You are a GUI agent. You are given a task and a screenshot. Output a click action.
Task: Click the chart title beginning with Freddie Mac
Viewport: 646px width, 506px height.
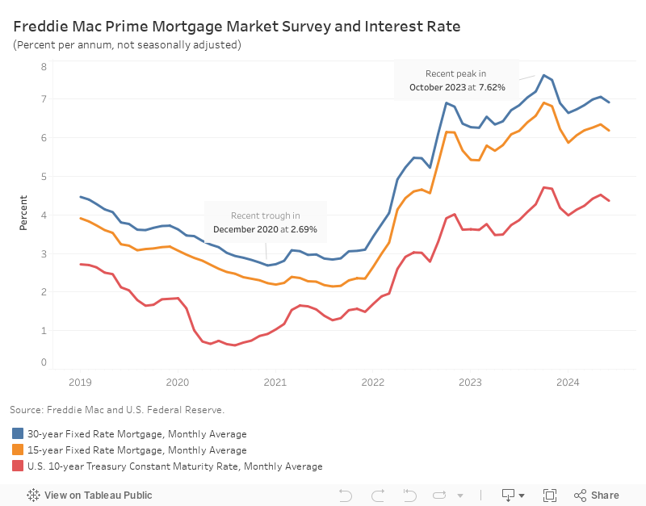pos(237,27)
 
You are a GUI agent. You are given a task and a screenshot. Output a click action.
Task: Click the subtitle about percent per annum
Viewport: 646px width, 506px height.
pos(127,45)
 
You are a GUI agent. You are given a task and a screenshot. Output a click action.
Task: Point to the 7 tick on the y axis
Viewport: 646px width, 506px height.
pos(44,99)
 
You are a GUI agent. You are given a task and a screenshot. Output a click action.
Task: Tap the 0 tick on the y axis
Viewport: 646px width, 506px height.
pos(44,362)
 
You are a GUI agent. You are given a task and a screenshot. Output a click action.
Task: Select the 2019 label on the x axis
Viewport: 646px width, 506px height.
pos(79,383)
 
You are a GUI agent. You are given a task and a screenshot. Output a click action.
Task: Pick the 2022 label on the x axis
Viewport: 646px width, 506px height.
pos(372,383)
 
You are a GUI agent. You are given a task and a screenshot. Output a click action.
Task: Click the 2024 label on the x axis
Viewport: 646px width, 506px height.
pos(568,383)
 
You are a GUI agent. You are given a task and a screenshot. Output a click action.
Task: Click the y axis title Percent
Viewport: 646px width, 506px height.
pos(23,213)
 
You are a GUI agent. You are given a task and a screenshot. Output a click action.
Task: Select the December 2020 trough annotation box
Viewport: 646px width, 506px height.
pos(265,222)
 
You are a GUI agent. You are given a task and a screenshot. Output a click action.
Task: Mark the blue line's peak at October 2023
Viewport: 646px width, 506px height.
pos(543,75)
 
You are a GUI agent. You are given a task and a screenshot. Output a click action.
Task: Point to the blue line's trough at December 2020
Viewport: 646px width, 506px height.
pos(267,266)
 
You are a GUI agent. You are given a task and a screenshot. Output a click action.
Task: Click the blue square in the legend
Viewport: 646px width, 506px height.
pos(18,434)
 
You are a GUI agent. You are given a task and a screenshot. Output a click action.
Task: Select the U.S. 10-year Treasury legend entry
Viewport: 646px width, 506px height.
pos(166,466)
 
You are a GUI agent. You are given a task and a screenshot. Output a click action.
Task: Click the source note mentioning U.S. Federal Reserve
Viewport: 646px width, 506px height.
pos(117,410)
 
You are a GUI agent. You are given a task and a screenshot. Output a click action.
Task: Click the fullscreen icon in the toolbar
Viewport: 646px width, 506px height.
pos(550,495)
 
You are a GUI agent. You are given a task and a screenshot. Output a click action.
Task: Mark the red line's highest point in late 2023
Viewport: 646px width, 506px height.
pos(543,187)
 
